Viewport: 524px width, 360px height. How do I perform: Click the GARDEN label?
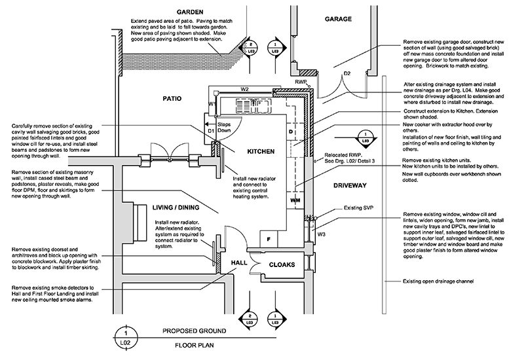pyautogui.click(x=190, y=12)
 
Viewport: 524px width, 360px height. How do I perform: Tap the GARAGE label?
pyautogui.click(x=338, y=19)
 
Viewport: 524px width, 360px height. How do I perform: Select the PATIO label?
pyautogui.click(x=172, y=99)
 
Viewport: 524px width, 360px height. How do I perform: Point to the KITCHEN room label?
pyautogui.click(x=261, y=152)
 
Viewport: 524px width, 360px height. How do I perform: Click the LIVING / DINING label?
pyautogui.click(x=176, y=207)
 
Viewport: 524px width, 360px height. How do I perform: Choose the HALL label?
pyautogui.click(x=239, y=263)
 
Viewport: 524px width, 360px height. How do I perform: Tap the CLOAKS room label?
pyautogui.click(x=282, y=265)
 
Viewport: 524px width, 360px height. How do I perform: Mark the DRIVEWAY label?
pyautogui.click(x=350, y=186)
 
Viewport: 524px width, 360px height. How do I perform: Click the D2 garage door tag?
pyautogui.click(x=347, y=73)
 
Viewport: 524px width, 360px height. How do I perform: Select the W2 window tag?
pyautogui.click(x=245, y=89)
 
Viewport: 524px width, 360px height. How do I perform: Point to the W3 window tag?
pyautogui.click(x=321, y=234)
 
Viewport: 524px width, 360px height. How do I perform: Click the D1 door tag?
pyautogui.click(x=211, y=132)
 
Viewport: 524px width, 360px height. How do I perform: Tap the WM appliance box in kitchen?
pyautogui.click(x=295, y=201)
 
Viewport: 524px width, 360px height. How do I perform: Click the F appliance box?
pyautogui.click(x=269, y=239)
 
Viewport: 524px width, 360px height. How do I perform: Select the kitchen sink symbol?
pyautogui.click(x=253, y=105)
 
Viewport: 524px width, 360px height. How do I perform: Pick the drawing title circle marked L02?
pyautogui.click(x=126, y=338)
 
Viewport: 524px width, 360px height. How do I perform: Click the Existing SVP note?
pyautogui.click(x=358, y=207)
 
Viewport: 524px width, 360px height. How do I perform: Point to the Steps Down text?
pyautogui.click(x=224, y=127)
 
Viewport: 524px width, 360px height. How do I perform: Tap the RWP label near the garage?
pyautogui.click(x=301, y=82)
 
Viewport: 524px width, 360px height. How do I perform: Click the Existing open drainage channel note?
pyautogui.click(x=438, y=281)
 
